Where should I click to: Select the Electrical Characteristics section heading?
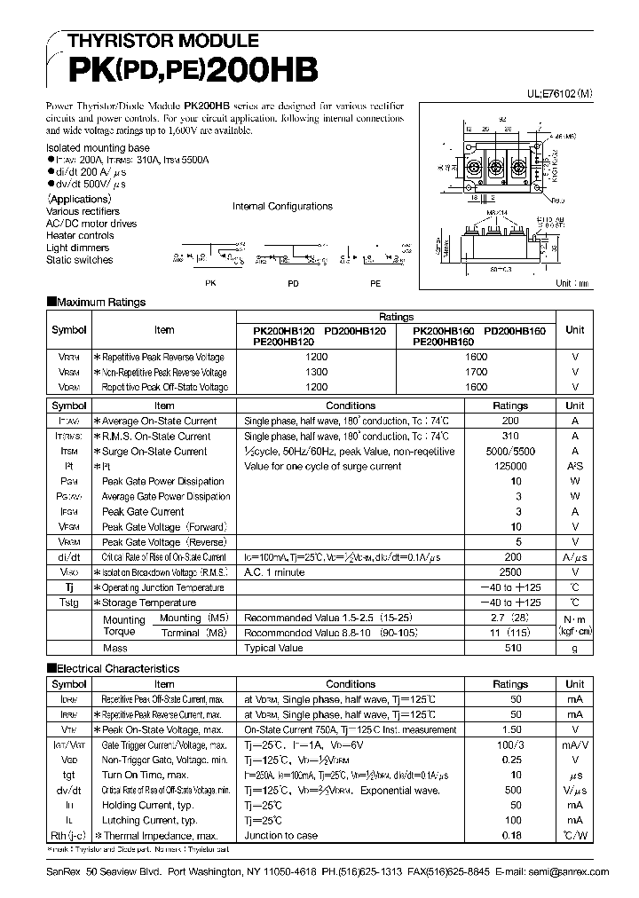click(113, 668)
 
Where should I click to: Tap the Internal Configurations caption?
click(282, 206)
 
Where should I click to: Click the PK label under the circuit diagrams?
click(209, 282)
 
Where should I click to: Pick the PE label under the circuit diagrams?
click(375, 282)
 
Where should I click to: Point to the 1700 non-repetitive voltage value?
click(476, 372)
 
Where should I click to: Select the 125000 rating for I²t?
click(510, 467)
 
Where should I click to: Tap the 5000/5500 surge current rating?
click(510, 452)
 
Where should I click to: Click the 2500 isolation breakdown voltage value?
click(510, 572)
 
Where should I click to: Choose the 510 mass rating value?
click(510, 649)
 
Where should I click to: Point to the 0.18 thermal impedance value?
click(510, 836)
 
